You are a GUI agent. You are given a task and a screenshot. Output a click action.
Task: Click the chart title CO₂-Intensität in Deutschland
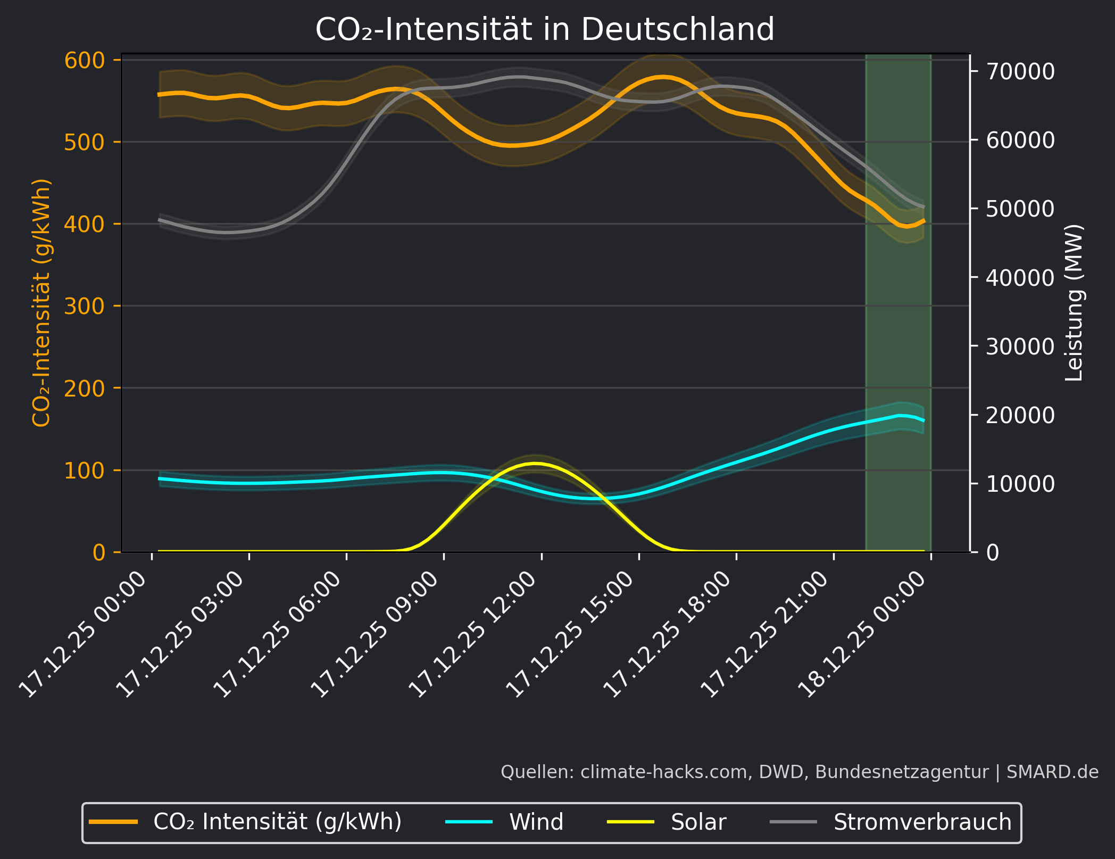545,29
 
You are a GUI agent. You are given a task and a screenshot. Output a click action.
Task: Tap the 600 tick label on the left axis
85,60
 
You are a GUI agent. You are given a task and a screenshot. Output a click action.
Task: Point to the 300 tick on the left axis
85,306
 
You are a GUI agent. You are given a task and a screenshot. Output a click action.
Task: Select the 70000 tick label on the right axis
1020,71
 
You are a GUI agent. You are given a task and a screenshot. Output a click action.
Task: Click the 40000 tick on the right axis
1020,277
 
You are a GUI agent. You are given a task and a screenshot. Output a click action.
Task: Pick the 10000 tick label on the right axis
1020,484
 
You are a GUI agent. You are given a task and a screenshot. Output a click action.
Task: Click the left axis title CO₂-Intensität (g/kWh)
41,303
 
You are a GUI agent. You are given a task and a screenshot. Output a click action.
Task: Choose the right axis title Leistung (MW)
1075,303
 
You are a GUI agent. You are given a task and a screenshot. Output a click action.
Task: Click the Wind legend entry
536,822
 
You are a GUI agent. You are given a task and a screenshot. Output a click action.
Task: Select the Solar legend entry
698,822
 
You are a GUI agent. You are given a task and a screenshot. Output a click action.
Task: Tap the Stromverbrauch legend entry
922,822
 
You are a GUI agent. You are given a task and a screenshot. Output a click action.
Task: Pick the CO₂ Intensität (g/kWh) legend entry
277,822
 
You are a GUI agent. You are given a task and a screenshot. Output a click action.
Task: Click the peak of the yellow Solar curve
535,464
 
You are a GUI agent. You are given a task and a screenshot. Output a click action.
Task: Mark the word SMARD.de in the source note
1052,772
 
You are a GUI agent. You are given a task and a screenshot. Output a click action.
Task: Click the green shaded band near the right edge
898,319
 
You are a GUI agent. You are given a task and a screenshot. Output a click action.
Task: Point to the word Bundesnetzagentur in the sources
902,772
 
